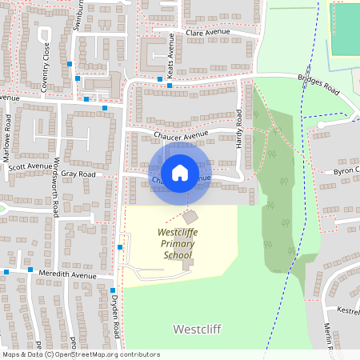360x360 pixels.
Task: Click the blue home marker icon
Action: coord(180,172)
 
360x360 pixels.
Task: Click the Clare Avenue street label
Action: coord(207,32)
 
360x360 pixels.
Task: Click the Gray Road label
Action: coord(78,174)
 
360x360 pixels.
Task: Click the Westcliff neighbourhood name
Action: coord(197,329)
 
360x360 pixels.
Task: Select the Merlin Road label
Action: coord(328,336)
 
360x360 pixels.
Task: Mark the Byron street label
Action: coord(346,171)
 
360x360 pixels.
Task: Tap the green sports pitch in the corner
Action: coord(346,28)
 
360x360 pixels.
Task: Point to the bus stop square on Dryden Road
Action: coord(113,290)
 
